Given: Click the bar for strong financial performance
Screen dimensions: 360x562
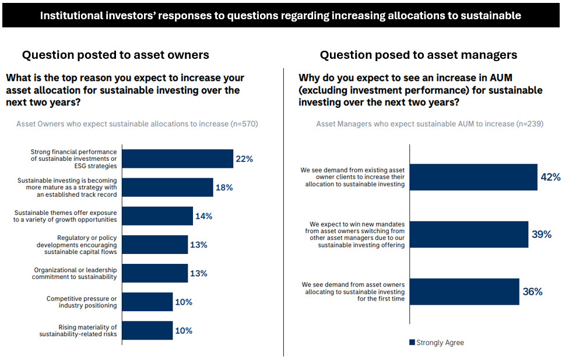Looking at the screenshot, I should [x=178, y=158].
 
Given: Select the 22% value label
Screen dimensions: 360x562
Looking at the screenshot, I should [x=244, y=158].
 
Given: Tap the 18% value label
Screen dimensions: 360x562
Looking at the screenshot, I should [x=224, y=188].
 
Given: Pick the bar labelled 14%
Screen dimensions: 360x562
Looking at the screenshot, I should [x=158, y=216].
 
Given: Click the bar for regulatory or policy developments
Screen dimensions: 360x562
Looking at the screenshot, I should [x=156, y=245].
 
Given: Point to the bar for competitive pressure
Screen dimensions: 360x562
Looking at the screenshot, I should [x=148, y=302].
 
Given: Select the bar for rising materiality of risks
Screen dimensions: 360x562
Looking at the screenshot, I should [x=148, y=330].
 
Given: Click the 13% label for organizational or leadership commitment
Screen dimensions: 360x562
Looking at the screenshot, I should [x=199, y=273].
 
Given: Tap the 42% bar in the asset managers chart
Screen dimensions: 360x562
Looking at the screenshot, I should [x=473, y=177].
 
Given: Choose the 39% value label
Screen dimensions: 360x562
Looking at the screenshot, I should [x=542, y=234].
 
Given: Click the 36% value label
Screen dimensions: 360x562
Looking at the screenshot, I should [x=532, y=292].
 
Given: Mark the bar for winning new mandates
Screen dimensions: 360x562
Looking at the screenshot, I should [x=469, y=234].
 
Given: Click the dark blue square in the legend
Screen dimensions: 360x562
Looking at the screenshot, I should [x=412, y=343].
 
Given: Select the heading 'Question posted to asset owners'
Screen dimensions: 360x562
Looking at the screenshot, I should [x=115, y=55].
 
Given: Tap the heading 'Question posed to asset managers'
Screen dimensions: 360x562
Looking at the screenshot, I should [x=418, y=55].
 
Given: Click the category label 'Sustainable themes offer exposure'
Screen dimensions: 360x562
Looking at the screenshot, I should [x=65, y=213].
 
